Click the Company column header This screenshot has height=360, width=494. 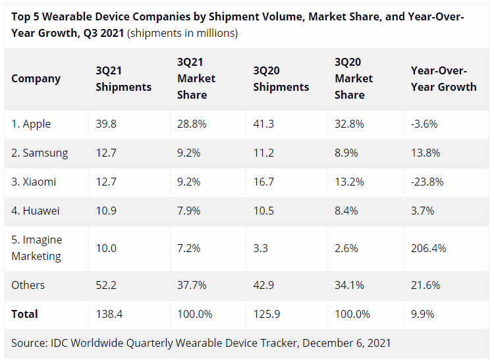click(36, 78)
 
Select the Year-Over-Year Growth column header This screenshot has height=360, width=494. click(443, 78)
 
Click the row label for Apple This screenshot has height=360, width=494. click(31, 124)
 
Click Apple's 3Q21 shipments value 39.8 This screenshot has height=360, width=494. click(106, 124)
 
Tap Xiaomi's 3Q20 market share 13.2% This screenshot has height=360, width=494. click(349, 182)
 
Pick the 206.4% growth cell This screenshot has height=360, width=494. click(428, 248)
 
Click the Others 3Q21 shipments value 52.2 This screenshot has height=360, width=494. click(106, 285)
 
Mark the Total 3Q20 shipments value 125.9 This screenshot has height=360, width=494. click(267, 314)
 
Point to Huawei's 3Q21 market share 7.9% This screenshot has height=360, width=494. click(189, 211)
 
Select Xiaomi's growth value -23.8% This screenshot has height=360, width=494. click(427, 182)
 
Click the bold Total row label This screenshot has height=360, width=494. click(24, 314)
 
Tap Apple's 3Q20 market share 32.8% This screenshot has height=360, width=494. click(349, 124)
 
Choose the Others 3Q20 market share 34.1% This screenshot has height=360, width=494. click(349, 285)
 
